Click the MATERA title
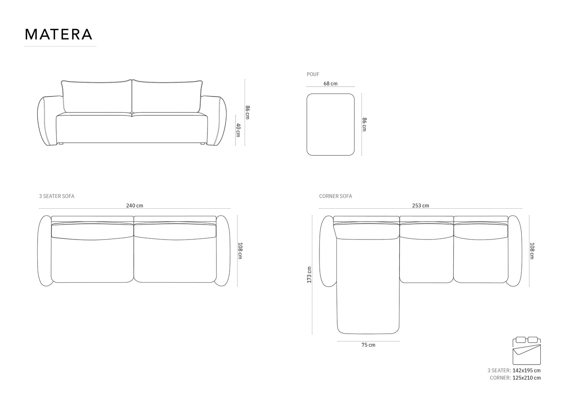59,34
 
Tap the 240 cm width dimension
135,206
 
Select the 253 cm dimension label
420,206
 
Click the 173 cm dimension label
310,275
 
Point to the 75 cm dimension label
368,345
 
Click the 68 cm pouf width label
330,83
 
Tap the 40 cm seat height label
238,130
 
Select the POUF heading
313,74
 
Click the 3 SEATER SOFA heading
57,196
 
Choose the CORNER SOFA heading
335,196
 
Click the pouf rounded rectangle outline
331,125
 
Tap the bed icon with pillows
526,351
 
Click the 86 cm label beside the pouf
364,125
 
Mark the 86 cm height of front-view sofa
247,112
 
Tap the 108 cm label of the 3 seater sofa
239,250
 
